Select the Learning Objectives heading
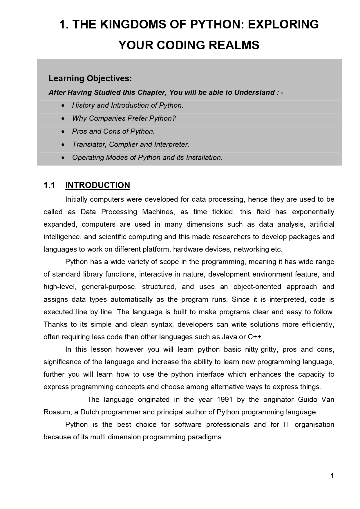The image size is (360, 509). tap(90, 78)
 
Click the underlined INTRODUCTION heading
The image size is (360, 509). tap(97, 185)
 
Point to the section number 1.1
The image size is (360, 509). tap(49, 185)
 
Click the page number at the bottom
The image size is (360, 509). tap(332, 476)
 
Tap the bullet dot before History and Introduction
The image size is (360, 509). tap(63, 106)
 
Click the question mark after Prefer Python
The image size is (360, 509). tap(174, 118)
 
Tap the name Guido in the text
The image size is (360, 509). tap(307, 400)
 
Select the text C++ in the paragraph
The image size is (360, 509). tap(254, 337)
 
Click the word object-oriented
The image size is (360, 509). tap(257, 287)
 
